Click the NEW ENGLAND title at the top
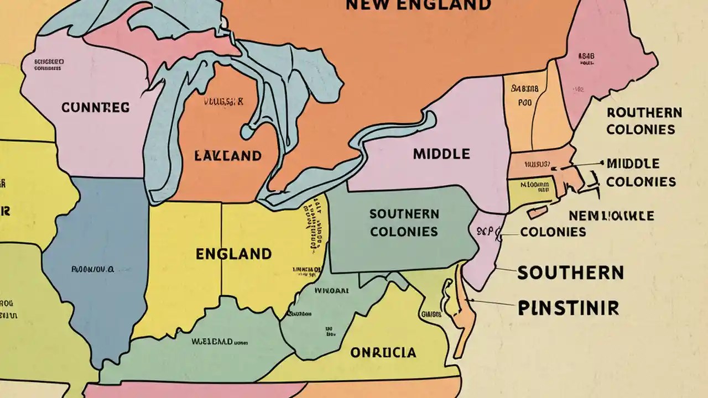pyautogui.click(x=418, y=5)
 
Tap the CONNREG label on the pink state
pyautogui.click(x=96, y=107)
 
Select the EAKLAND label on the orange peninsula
pyautogui.click(x=227, y=155)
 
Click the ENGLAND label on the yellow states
pyautogui.click(x=233, y=254)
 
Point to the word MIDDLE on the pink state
pyautogui.click(x=441, y=154)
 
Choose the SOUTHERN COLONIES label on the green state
pyautogui.click(x=404, y=222)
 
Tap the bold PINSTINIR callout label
pyautogui.click(x=568, y=308)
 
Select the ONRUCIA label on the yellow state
pyautogui.click(x=383, y=352)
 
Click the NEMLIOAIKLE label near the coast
pyautogui.click(x=611, y=216)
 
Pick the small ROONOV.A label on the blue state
pyautogui.click(x=92, y=270)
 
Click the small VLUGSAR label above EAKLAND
pyautogui.click(x=223, y=102)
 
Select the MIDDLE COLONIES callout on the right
pyautogui.click(x=641, y=172)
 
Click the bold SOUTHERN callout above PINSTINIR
pyautogui.click(x=570, y=273)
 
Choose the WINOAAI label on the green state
pyautogui.click(x=331, y=290)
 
